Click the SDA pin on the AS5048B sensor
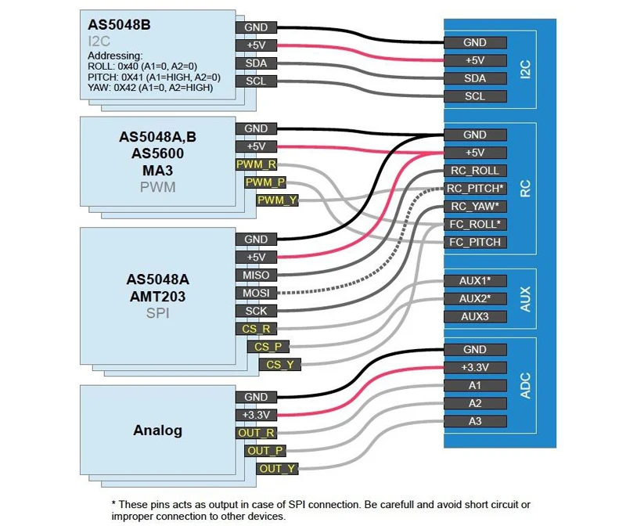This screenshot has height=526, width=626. pyautogui.click(x=256, y=63)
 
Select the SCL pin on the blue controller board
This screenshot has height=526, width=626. pyautogui.click(x=475, y=96)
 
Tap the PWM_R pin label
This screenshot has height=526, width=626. pyautogui.click(x=256, y=164)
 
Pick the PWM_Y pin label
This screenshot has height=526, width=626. pyautogui.click(x=277, y=200)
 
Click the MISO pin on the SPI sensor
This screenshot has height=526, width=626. pyautogui.click(x=256, y=276)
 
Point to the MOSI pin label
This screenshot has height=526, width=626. pyautogui.click(x=256, y=294)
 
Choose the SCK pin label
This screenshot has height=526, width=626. pyautogui.click(x=256, y=311)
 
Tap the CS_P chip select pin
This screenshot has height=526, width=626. pyautogui.click(x=268, y=347)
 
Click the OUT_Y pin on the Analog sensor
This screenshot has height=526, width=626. pyautogui.click(x=277, y=469)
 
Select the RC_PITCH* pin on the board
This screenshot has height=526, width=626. pyautogui.click(x=475, y=189)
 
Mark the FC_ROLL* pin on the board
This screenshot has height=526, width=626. pyautogui.click(x=475, y=225)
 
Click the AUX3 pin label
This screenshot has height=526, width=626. pyautogui.click(x=475, y=317)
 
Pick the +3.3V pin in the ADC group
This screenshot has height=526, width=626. pyautogui.click(x=475, y=367)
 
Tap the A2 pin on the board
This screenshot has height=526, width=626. pyautogui.click(x=475, y=403)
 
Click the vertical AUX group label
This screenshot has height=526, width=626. pyautogui.click(x=525, y=299)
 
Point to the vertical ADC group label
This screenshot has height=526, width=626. pyautogui.click(x=525, y=385)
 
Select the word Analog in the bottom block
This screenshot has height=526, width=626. pyautogui.click(x=158, y=431)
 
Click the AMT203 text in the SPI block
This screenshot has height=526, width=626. pyautogui.click(x=158, y=297)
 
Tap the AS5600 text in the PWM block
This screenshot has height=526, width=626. pyautogui.click(x=158, y=153)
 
